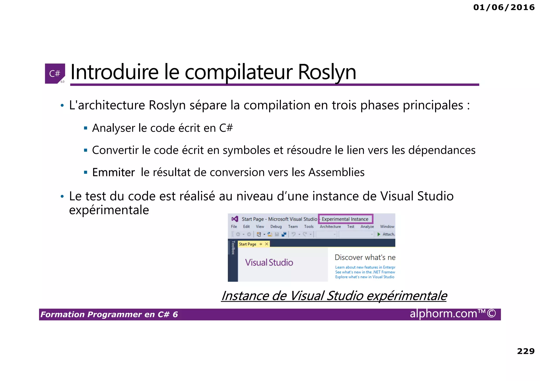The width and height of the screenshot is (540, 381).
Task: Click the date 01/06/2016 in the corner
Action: click(504, 7)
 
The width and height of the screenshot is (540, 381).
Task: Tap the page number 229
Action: click(525, 351)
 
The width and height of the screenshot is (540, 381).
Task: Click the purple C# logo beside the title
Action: click(55, 73)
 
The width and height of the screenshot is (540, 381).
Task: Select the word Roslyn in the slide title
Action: click(327, 72)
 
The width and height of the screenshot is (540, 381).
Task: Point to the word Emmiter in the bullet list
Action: click(113, 172)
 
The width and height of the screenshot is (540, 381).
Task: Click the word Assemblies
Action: click(336, 172)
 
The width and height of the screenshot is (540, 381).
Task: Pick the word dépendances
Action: click(442, 150)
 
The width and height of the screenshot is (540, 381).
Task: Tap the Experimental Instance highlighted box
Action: click(345, 219)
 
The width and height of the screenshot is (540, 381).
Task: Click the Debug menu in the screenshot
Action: click(276, 227)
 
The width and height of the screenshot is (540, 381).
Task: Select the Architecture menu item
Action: click(330, 227)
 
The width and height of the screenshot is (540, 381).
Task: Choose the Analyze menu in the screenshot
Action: click(367, 227)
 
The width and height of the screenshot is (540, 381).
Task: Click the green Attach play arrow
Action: click(379, 234)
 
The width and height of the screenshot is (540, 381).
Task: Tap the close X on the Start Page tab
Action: click(267, 244)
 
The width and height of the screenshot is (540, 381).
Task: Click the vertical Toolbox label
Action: click(233, 248)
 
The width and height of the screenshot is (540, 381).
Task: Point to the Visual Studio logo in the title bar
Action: click(235, 219)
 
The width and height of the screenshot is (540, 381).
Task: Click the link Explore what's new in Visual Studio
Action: click(365, 277)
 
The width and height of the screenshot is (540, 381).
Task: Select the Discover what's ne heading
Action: click(365, 258)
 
